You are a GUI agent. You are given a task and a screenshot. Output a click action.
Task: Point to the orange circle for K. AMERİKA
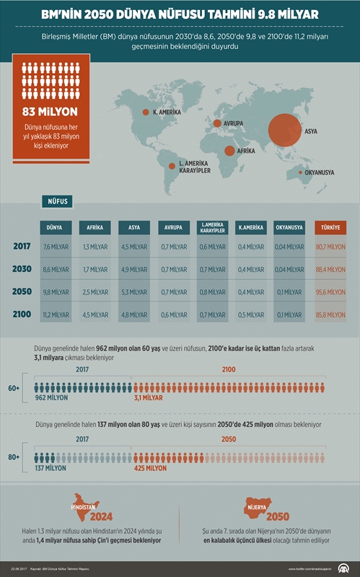144,112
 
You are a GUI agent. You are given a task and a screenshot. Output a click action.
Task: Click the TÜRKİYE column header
331,227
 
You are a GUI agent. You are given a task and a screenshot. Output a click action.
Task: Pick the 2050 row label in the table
22,291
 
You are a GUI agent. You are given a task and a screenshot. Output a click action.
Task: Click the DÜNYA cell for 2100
56,314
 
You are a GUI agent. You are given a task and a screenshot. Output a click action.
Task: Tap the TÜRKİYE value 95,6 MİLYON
331,292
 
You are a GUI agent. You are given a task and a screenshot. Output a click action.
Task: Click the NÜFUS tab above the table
59,203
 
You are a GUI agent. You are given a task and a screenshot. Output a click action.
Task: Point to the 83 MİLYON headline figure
51,113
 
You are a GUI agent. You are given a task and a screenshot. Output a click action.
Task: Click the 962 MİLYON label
51,397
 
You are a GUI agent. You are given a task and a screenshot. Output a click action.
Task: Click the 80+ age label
14,457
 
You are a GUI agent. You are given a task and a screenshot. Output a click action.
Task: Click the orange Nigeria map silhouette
260,506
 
